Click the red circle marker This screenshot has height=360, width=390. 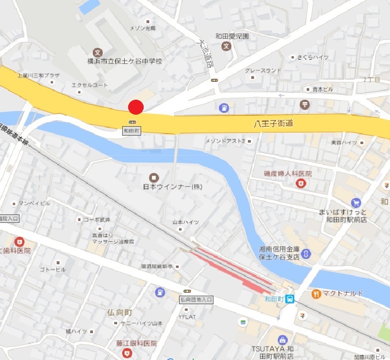[136, 107]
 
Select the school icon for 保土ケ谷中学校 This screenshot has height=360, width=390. [98, 52]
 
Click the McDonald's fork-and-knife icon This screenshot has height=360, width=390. [316, 293]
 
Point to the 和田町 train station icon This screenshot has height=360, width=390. [290, 299]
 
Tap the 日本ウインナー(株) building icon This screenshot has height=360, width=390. [153, 177]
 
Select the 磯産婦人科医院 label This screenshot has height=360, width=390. [288, 174]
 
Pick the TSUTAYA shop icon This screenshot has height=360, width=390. [283, 340]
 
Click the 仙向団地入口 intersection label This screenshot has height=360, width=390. [196, 300]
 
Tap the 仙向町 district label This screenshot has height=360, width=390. [119, 313]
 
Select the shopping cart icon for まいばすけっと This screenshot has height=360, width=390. [356, 202]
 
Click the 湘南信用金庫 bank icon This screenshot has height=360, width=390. [306, 253]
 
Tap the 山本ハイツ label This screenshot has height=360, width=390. [186, 222]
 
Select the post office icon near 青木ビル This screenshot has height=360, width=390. [303, 105]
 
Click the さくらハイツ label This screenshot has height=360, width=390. [313, 57]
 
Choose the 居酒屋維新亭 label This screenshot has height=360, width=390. [157, 267]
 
